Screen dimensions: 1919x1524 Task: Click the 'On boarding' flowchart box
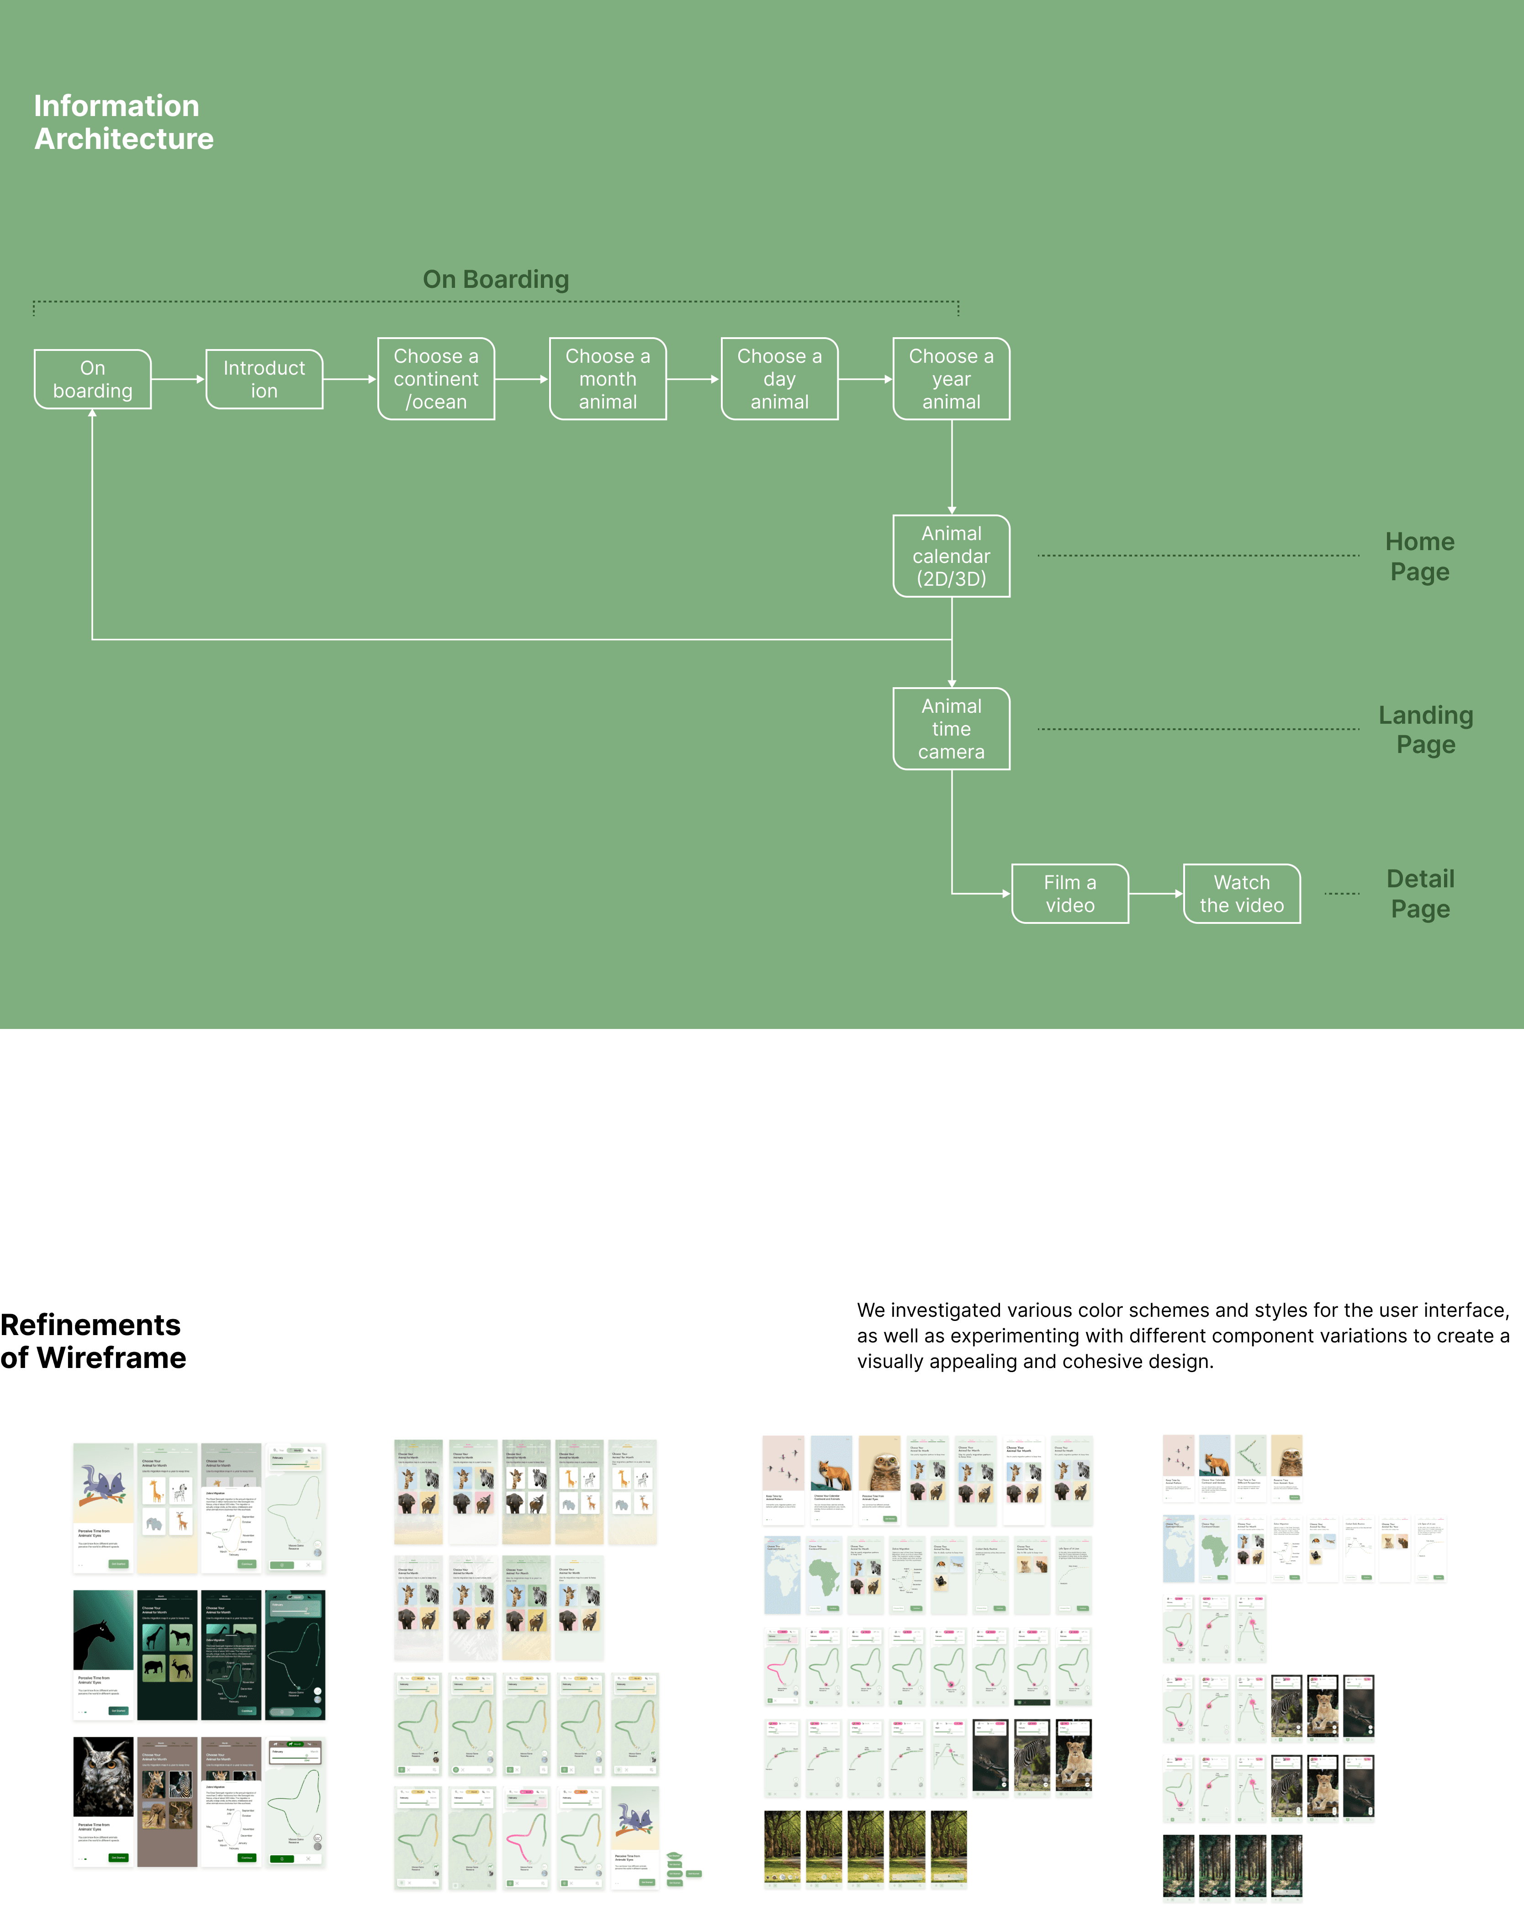click(x=93, y=379)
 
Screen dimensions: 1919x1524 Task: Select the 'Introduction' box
click(x=265, y=379)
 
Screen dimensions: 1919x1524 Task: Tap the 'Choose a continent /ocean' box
click(x=436, y=379)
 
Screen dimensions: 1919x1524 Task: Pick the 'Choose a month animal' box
click(x=608, y=379)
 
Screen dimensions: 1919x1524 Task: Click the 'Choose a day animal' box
click(x=780, y=379)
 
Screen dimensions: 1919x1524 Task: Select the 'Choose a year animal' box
click(x=952, y=379)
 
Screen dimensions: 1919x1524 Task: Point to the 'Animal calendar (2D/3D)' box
click(x=952, y=557)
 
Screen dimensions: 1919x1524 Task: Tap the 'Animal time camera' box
click(x=952, y=729)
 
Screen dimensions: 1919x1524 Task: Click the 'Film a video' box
click(x=1070, y=894)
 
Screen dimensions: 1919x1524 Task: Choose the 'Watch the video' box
click(x=1242, y=894)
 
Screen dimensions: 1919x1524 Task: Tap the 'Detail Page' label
click(x=1421, y=894)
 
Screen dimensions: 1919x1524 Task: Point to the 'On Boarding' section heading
click(x=496, y=280)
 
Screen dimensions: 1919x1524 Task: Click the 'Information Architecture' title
click(x=124, y=122)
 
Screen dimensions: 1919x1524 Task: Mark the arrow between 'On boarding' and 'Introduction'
click(x=178, y=379)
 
